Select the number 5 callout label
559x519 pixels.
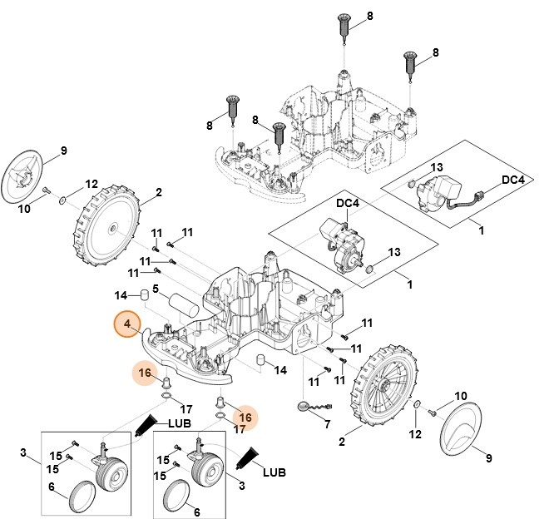(x=155, y=289)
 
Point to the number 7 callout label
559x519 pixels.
(x=326, y=423)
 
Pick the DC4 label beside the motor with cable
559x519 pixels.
(x=512, y=180)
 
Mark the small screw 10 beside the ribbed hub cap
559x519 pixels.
(x=47, y=190)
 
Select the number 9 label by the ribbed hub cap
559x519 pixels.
(x=63, y=151)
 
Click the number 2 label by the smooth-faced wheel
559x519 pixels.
(x=157, y=192)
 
